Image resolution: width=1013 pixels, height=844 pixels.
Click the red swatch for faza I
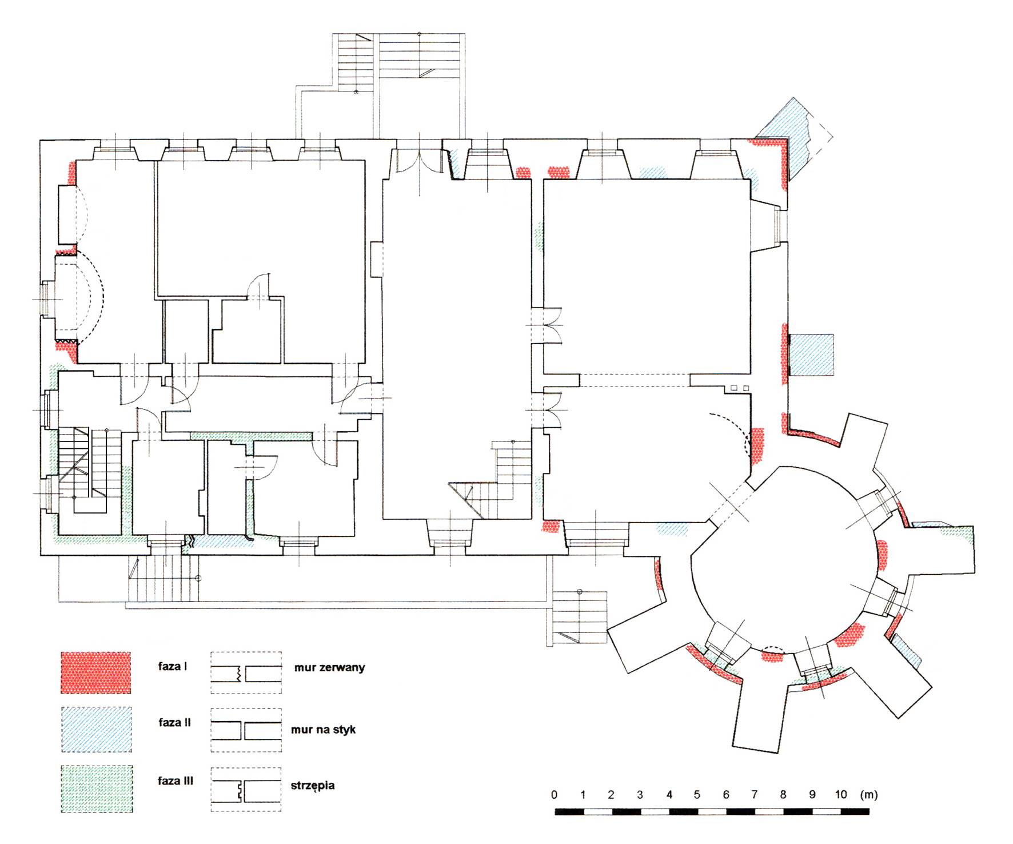(95, 672)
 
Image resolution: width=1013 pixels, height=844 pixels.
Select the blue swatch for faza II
(95, 729)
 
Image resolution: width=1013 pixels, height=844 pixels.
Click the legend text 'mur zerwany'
(329, 667)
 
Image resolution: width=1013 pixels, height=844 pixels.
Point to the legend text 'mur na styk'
(323, 730)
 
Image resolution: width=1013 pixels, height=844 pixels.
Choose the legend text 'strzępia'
(313, 786)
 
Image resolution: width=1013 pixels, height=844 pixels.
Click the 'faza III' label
(176, 781)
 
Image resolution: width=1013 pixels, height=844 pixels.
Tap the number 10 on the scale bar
(840, 794)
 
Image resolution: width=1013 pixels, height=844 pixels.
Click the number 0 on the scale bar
(554, 794)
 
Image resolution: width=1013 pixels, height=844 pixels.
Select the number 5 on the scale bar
(697, 794)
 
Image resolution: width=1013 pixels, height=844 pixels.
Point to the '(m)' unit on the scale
(868, 794)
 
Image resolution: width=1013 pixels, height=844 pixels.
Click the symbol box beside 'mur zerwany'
(246, 673)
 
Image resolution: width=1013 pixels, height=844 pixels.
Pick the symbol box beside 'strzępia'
(246, 789)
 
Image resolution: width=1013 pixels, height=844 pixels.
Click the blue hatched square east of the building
(811, 355)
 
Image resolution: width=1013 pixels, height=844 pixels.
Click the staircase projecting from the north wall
(400, 57)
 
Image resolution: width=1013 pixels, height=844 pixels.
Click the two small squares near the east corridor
(740, 388)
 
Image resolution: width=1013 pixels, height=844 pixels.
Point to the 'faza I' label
(173, 666)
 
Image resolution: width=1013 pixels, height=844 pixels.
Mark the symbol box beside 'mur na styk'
(246, 730)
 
